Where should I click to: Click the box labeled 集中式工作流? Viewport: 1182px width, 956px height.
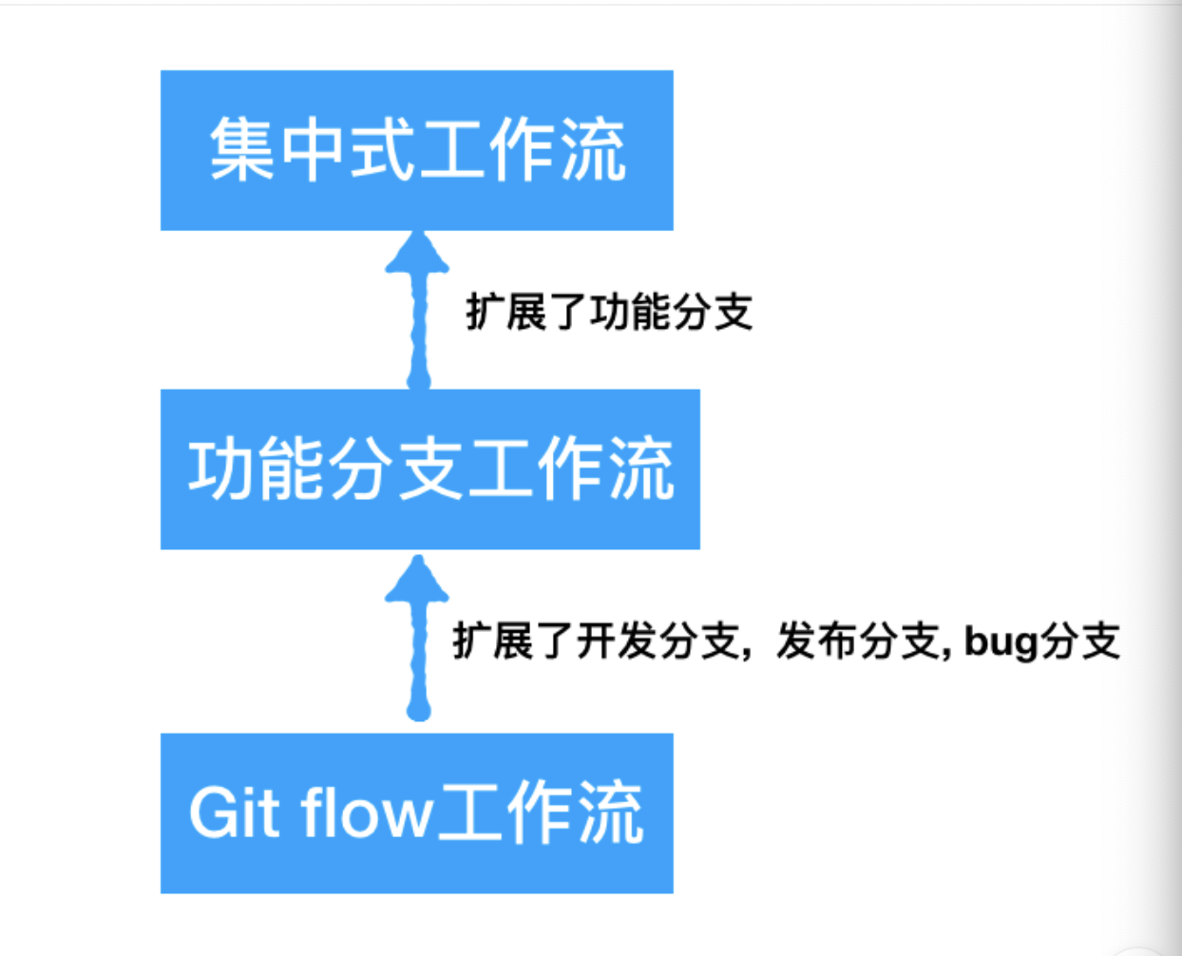click(417, 150)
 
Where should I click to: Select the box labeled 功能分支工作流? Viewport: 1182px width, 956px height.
click(430, 469)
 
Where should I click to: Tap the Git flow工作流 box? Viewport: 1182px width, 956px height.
click(417, 813)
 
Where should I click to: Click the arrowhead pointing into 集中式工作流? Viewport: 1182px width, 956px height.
click(417, 253)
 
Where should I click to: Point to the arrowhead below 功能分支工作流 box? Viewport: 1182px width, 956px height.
click(417, 579)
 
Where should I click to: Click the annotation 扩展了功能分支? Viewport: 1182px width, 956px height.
click(609, 312)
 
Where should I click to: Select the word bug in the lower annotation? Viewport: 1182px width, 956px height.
click(1001, 642)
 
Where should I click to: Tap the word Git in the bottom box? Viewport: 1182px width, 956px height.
click(234, 813)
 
